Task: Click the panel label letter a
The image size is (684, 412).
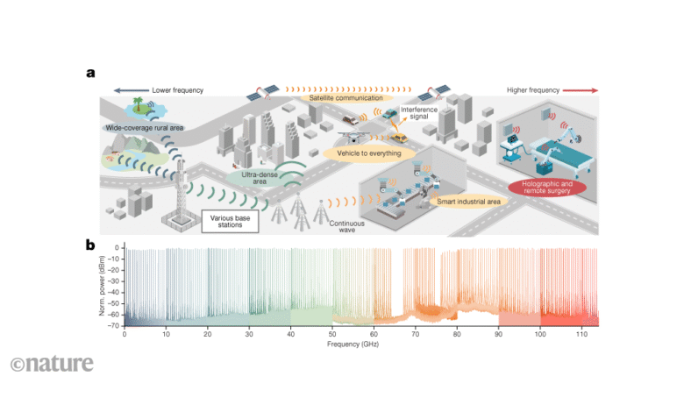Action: (x=90, y=73)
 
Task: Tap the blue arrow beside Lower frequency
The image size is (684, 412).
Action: (x=130, y=90)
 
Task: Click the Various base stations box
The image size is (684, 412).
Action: (x=232, y=221)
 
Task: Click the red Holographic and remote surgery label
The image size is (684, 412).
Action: (x=545, y=186)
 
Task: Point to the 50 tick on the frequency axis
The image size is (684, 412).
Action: (x=332, y=334)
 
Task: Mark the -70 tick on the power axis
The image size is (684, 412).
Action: (x=116, y=324)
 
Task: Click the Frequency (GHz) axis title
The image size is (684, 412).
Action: (x=360, y=345)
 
